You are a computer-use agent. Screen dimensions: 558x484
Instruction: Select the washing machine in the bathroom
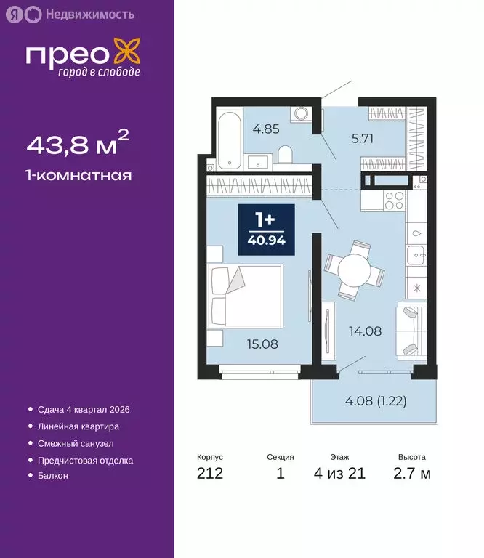(301, 116)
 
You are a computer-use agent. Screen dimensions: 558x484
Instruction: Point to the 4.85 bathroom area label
(265, 132)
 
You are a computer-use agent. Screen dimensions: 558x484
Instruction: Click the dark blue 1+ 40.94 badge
(267, 230)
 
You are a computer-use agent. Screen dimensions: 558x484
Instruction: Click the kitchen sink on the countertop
(416, 254)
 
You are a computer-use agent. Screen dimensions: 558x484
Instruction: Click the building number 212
(210, 474)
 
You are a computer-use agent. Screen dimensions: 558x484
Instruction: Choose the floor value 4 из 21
(340, 474)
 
